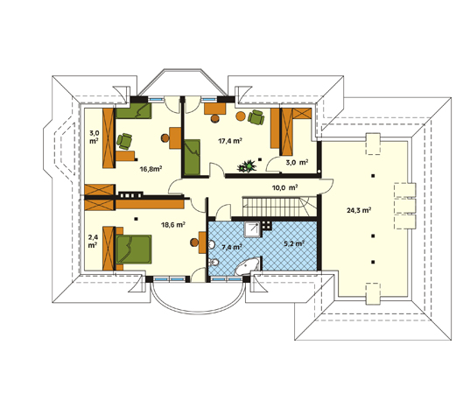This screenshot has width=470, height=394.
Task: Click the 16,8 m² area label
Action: click(151, 169)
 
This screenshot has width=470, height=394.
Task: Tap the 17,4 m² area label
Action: click(230, 141)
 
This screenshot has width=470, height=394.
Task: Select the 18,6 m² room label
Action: click(173, 224)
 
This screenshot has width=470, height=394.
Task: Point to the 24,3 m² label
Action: click(359, 210)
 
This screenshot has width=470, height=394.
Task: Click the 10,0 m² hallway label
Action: click(284, 188)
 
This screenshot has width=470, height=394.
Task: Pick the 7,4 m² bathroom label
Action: click(232, 247)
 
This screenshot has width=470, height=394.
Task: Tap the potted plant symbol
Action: click(247, 166)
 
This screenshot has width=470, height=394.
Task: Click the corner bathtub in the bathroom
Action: click(247, 265)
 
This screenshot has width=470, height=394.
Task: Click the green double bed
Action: click(134, 250)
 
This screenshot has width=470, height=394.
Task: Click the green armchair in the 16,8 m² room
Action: click(124, 141)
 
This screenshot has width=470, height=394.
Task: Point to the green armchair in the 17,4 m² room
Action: click(256, 117)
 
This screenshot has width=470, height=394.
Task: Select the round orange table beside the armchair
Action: click(241, 116)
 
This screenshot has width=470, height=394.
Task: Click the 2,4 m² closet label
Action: click(93, 241)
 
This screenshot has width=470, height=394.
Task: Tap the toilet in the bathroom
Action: click(214, 263)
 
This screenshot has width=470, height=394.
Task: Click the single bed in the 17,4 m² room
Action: click(193, 157)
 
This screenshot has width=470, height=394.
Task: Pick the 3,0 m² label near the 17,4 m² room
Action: click(297, 163)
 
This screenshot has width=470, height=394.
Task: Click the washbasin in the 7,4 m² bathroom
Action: click(211, 245)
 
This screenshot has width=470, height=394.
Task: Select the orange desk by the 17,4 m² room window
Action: click(215, 109)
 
